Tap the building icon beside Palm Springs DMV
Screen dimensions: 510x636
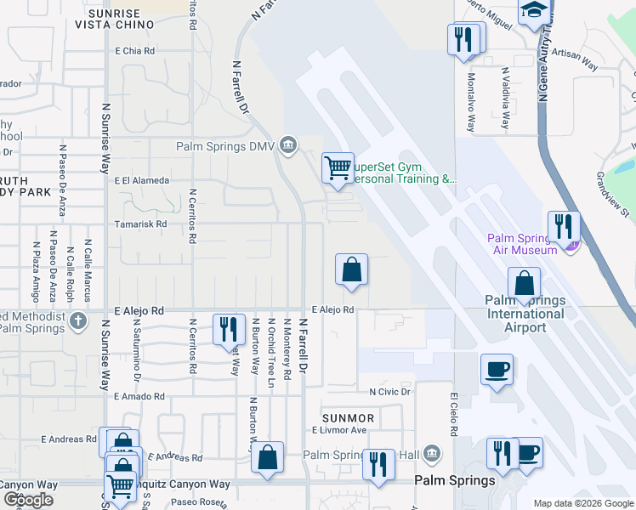click(x=288, y=145)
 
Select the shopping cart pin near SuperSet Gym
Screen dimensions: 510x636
click(x=338, y=167)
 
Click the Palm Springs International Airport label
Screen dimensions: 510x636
click(x=526, y=314)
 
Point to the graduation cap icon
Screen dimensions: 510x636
click(x=533, y=11)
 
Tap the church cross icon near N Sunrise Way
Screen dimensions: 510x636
click(x=78, y=320)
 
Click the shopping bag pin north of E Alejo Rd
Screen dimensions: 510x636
click(x=351, y=271)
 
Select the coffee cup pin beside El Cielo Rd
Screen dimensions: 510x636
click(x=497, y=370)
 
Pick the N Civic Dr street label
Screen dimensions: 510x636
click(x=389, y=392)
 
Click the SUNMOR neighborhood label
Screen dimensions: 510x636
click(x=349, y=418)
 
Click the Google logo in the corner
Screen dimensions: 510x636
click(x=28, y=500)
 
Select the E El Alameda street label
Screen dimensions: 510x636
click(x=142, y=180)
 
